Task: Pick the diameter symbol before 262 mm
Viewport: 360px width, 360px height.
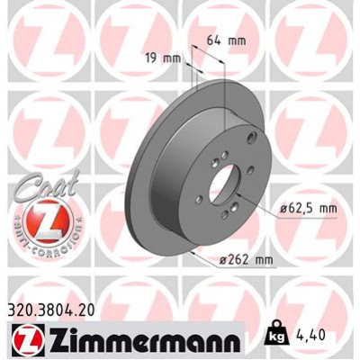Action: click(224, 262)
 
